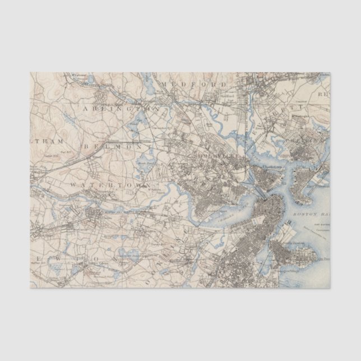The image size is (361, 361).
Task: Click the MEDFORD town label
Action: point(193,84)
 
